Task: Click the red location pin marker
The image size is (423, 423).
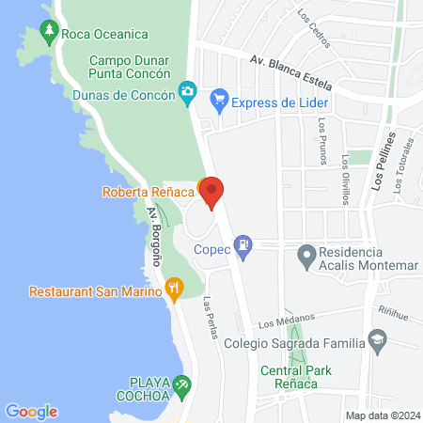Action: click(212, 193)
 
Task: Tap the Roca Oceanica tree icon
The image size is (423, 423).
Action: click(49, 34)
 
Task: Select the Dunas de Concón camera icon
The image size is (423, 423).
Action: click(188, 90)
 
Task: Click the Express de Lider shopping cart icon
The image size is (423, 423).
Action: click(220, 97)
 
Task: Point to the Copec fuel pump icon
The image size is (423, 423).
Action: click(243, 246)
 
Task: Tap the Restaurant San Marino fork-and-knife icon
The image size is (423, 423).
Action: click(173, 290)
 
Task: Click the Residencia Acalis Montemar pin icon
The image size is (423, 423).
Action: click(305, 254)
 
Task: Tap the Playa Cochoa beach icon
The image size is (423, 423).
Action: click(184, 384)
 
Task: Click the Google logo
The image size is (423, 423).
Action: click(31, 412)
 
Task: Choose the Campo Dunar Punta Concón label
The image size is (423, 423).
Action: click(130, 67)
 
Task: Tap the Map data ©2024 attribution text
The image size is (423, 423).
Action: click(380, 415)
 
